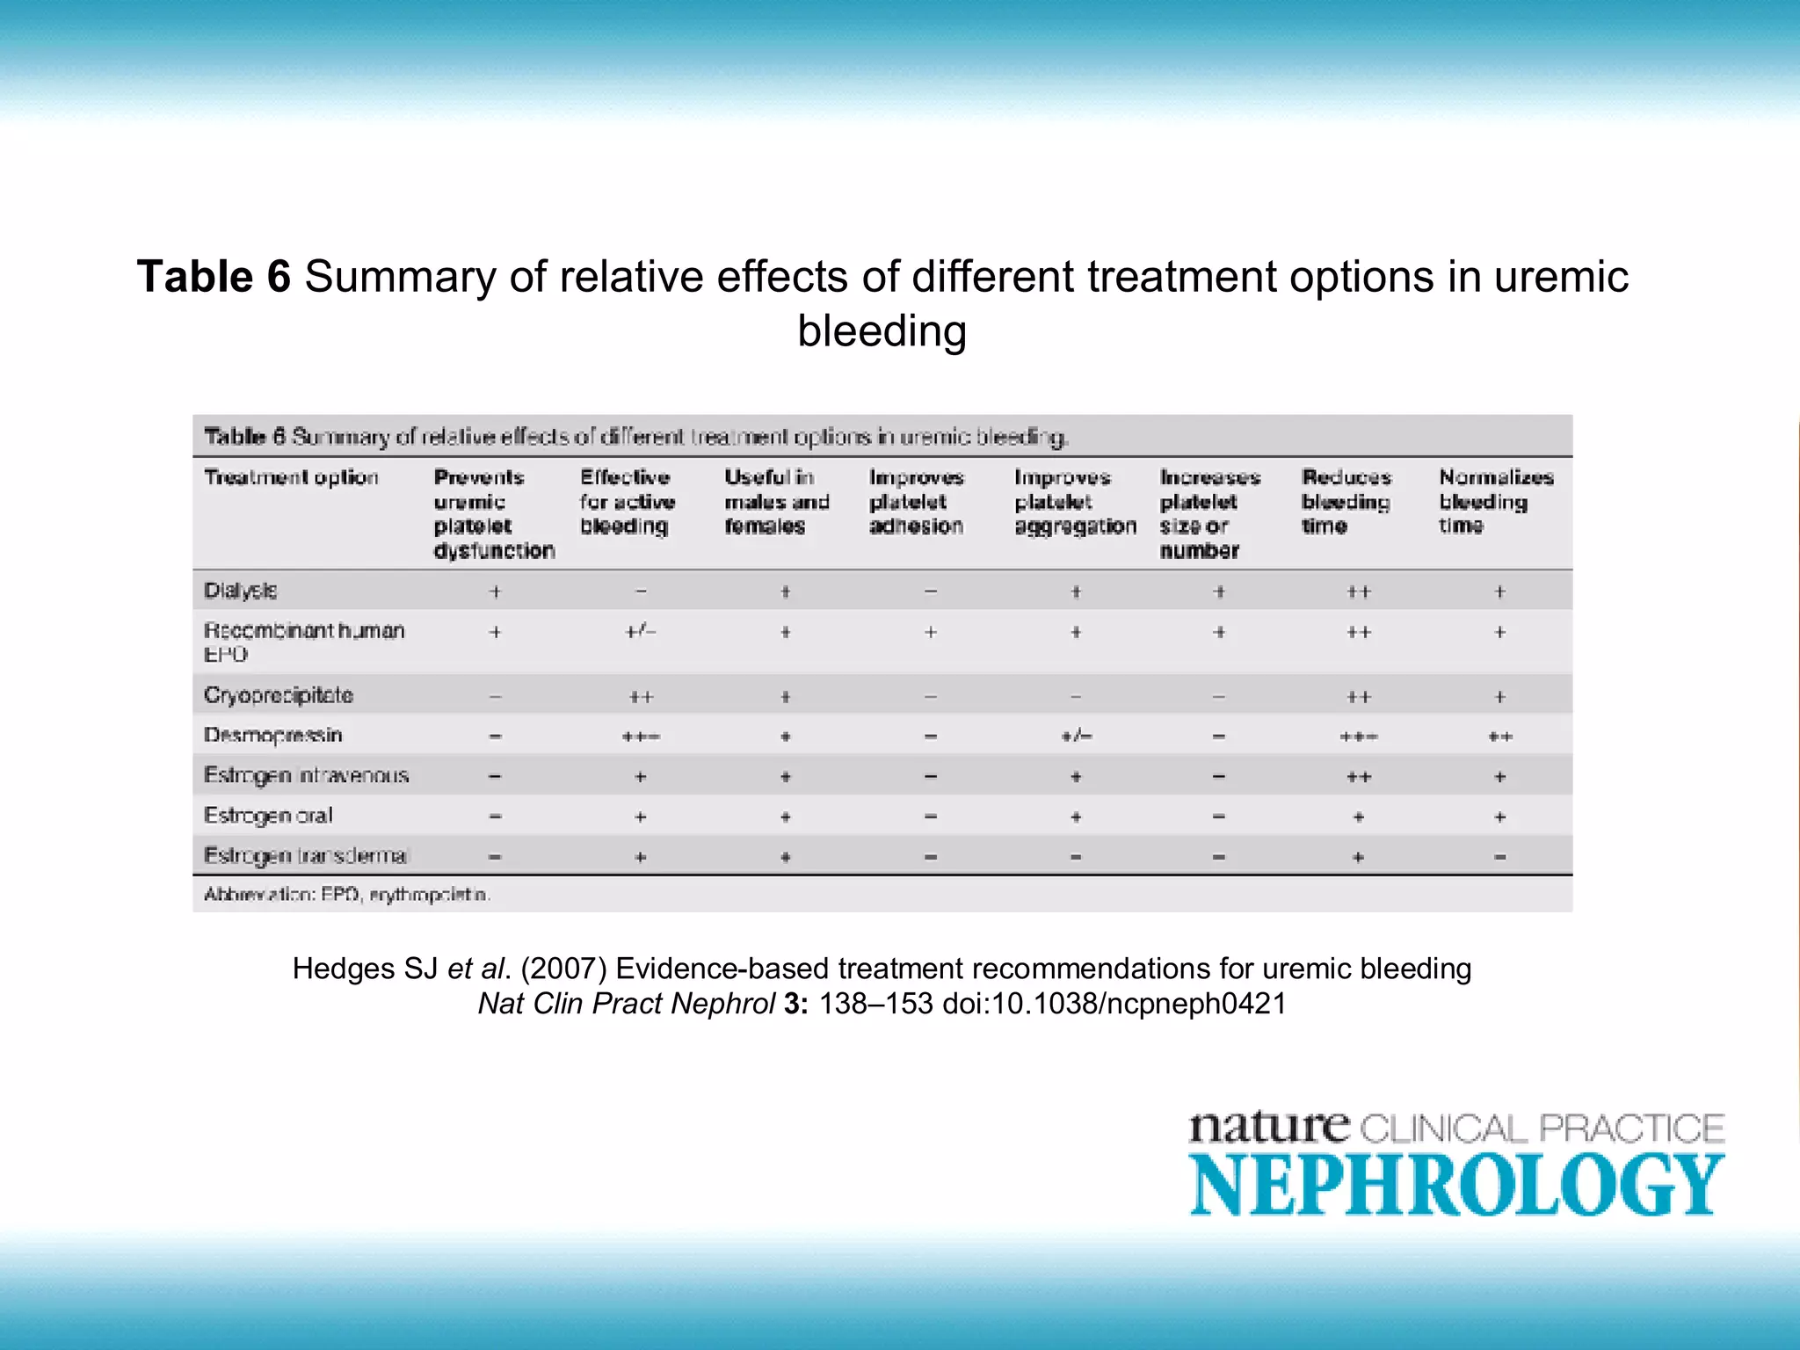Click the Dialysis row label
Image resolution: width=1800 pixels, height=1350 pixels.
point(240,591)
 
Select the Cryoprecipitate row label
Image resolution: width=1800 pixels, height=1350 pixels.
point(278,695)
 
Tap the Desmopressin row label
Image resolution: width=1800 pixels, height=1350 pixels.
point(272,735)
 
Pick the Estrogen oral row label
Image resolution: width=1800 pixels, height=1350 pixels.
point(268,816)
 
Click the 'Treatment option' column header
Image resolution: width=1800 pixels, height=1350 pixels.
point(291,477)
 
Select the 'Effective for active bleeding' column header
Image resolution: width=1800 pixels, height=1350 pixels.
point(627,501)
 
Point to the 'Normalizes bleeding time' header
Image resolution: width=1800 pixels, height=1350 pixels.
point(1495,501)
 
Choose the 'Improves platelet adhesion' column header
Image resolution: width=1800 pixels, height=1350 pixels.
point(916,501)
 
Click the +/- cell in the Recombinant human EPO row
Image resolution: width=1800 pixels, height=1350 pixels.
point(641,632)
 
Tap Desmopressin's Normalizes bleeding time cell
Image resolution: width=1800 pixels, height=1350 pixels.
point(1500,737)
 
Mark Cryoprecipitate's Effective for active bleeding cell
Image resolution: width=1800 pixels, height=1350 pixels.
point(641,697)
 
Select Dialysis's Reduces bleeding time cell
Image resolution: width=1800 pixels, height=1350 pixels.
point(1359,592)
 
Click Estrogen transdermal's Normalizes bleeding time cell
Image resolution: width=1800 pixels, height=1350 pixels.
point(1500,857)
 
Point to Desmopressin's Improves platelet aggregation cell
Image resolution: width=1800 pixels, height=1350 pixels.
point(1076,737)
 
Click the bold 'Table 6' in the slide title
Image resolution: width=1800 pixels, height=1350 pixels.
point(214,277)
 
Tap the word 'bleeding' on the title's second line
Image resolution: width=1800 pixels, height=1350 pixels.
point(882,331)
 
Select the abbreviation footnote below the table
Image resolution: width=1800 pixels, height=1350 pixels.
point(347,895)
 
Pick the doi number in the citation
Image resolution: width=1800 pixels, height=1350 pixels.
point(1114,1004)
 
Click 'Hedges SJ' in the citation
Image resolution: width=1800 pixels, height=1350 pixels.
point(365,969)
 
